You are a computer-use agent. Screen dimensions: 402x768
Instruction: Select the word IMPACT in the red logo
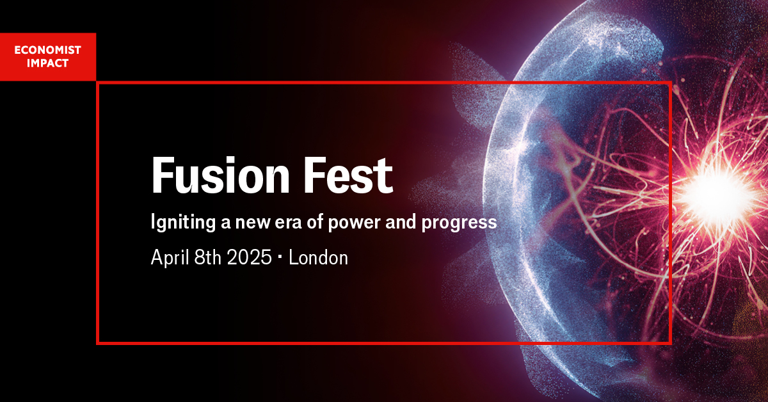tap(48, 63)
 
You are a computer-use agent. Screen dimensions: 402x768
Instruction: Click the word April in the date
tap(170, 258)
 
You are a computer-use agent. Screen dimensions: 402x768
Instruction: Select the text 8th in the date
tap(207, 258)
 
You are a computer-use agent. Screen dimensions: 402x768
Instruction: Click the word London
tap(318, 258)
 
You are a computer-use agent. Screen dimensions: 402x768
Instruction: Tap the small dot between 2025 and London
tap(280, 259)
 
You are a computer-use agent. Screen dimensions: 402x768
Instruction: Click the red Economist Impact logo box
tap(48, 57)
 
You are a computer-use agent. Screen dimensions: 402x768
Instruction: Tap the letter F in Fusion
tap(161, 176)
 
